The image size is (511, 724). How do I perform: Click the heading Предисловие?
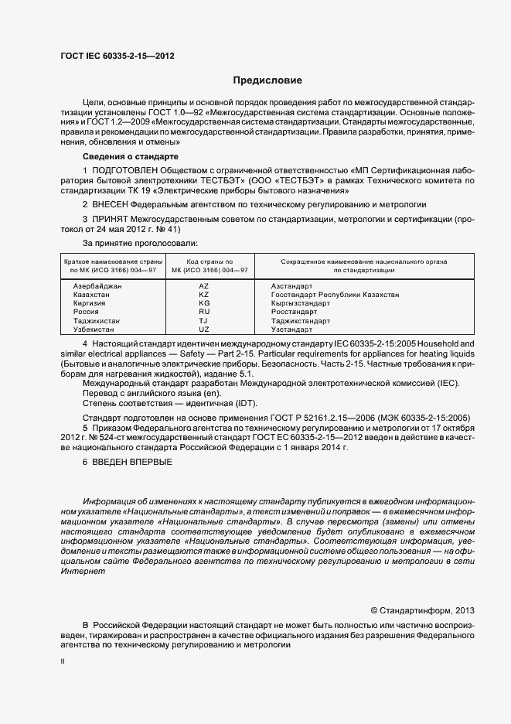coord(267,80)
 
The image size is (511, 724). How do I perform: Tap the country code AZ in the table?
coord(204,286)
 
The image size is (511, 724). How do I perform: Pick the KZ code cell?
coord(204,295)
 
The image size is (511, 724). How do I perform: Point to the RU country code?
coord(204,312)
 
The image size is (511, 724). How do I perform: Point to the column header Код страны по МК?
coord(205,267)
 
